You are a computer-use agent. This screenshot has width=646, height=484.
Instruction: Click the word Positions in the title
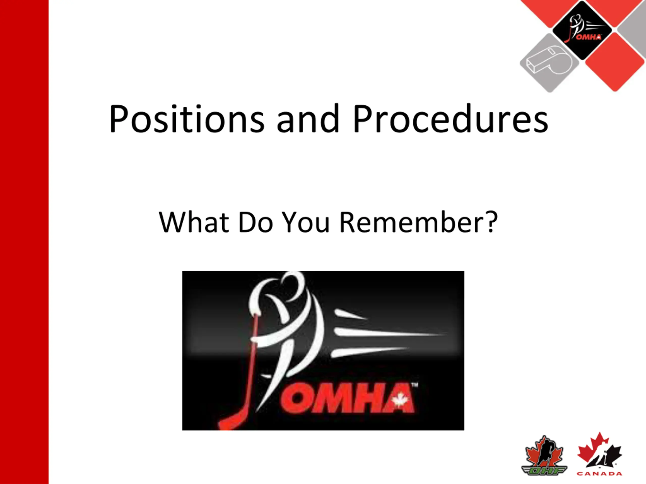(x=187, y=119)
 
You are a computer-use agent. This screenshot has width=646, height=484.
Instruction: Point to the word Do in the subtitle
(x=256, y=222)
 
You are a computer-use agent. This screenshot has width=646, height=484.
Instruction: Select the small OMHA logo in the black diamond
(x=582, y=30)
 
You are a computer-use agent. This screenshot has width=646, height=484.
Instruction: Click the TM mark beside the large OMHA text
(x=414, y=385)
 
